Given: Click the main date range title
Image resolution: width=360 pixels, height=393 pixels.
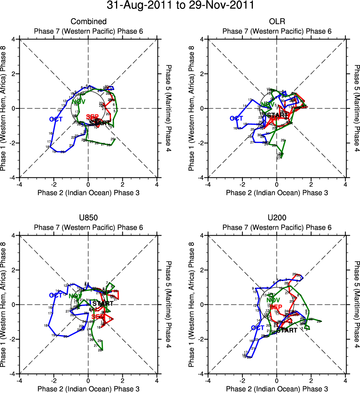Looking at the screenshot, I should pyautogui.click(x=180, y=6).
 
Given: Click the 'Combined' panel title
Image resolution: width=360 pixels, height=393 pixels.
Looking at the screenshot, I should pyautogui.click(x=88, y=22).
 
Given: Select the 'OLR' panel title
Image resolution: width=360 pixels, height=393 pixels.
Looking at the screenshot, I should pyautogui.click(x=277, y=22).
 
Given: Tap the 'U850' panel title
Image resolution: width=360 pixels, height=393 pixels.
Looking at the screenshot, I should pyautogui.click(x=88, y=218).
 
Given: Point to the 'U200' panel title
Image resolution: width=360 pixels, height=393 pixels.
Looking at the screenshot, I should pyautogui.click(x=277, y=218).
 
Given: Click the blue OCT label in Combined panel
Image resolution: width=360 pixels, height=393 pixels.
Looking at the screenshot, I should pyautogui.click(x=56, y=119).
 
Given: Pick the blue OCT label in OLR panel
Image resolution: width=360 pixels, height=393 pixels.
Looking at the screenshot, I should pyautogui.click(x=236, y=118).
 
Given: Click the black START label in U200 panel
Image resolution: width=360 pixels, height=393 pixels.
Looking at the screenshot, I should pyautogui.click(x=287, y=330).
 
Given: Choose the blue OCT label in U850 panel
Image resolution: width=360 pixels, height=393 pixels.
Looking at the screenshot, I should pyautogui.click(x=56, y=295).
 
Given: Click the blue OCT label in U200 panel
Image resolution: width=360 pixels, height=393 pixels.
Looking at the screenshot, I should pyautogui.click(x=257, y=328).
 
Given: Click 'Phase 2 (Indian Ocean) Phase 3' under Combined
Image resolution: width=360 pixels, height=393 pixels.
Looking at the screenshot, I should pyautogui.click(x=88, y=192).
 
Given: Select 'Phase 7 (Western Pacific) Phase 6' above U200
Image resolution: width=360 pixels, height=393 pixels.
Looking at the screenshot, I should pyautogui.click(x=277, y=227).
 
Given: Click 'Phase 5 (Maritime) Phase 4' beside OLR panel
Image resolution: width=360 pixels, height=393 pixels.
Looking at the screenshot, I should pyautogui.click(x=357, y=108).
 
